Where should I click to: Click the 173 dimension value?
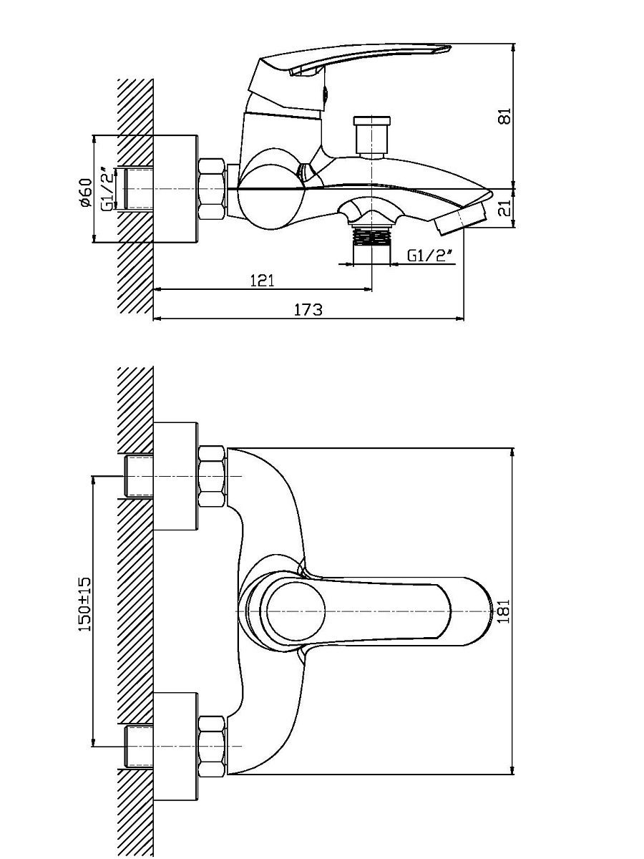[x=308, y=310]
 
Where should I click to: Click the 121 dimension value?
[x=262, y=281]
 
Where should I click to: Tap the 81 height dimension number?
[x=504, y=116]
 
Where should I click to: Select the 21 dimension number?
[x=506, y=208]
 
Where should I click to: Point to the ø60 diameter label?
[x=86, y=193]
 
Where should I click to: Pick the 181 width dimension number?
[x=504, y=611]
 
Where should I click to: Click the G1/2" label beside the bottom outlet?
[x=429, y=256]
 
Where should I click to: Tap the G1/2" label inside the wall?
[x=109, y=189]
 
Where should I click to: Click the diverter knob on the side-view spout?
[x=371, y=137]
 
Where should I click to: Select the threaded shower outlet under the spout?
[x=371, y=236]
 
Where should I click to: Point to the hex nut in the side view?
[x=213, y=189]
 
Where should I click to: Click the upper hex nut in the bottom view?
[x=212, y=476]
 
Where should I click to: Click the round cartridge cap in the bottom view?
[x=296, y=611]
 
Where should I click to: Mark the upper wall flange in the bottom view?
[x=175, y=476]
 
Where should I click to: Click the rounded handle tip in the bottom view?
[x=477, y=611]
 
